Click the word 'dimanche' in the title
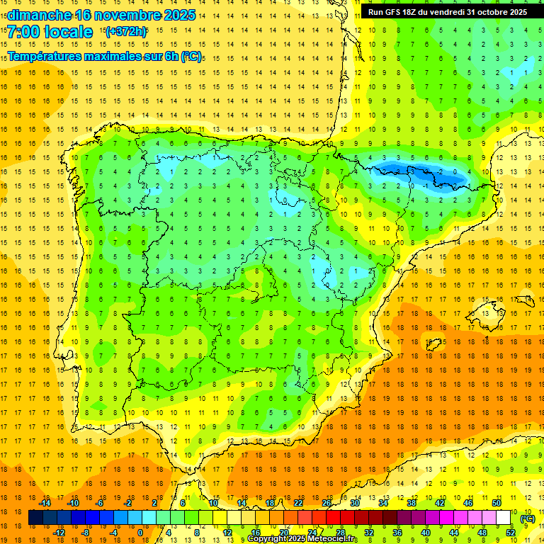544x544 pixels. click(39, 15)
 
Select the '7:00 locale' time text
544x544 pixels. click(50, 32)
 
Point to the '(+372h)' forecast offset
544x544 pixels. click(125, 32)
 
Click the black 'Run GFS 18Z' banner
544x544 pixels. click(448, 12)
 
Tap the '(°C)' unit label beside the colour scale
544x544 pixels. click(527, 518)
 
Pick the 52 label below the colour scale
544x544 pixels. click(511, 533)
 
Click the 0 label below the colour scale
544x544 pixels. click(140, 533)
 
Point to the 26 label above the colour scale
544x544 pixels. click(327, 503)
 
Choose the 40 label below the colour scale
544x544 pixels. click(426, 533)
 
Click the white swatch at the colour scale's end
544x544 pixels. click(504, 518)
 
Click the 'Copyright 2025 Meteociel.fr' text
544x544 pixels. click(302, 539)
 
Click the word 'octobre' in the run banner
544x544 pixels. click(489, 12)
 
